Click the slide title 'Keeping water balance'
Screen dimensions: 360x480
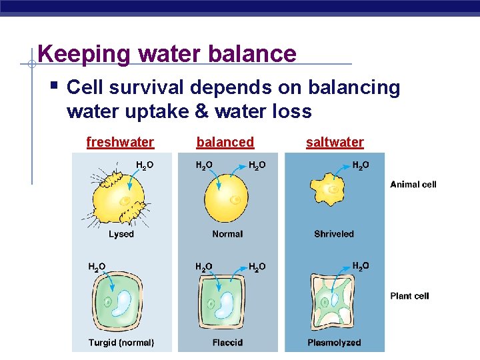[x=167, y=53]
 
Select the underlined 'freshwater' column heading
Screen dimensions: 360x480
[x=120, y=142]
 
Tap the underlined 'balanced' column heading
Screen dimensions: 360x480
[x=225, y=142]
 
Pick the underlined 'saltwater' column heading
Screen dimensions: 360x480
[x=335, y=142]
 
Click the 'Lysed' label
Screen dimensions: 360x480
[x=121, y=234]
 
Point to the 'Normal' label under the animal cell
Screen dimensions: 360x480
[x=227, y=234]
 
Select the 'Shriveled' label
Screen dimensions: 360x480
[x=334, y=234]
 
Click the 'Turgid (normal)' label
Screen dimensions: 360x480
[x=121, y=343]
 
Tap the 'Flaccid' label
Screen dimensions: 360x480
[x=227, y=343]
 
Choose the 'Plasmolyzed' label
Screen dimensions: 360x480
[x=334, y=343]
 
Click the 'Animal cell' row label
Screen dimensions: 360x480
[x=413, y=184]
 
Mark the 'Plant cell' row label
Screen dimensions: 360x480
[x=409, y=295]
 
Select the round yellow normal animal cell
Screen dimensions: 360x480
[x=227, y=198]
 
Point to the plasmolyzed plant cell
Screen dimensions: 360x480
[x=334, y=303]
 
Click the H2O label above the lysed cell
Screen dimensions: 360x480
[x=145, y=165]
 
